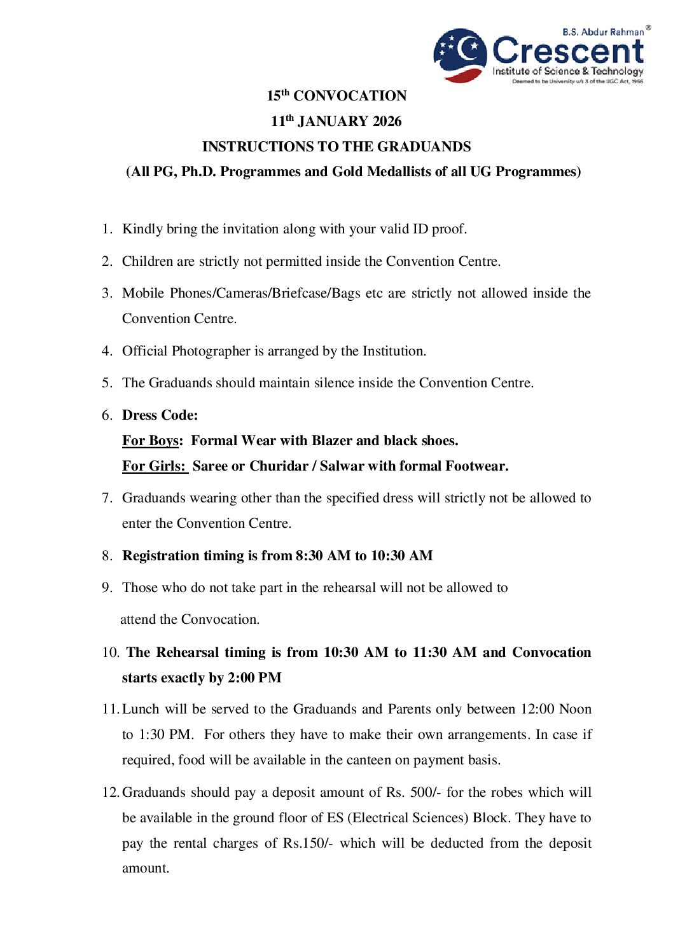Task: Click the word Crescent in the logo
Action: tap(568, 51)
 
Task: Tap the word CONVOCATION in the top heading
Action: tap(350, 96)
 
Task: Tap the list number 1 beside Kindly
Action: tap(106, 229)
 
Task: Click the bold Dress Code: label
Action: tap(160, 415)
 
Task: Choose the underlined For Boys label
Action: tap(150, 441)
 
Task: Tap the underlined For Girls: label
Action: tap(154, 466)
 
